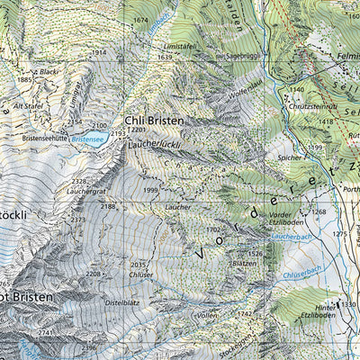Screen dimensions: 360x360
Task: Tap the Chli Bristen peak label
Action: pyautogui.click(x=154, y=120)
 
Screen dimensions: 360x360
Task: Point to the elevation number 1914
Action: pyautogui.click(x=99, y=52)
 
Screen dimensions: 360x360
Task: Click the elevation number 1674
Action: pyautogui.click(x=139, y=20)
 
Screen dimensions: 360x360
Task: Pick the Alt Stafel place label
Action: pyautogui.click(x=28, y=104)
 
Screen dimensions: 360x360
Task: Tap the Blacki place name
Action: pyautogui.click(x=49, y=71)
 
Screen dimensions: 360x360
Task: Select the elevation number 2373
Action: pyautogui.click(x=79, y=220)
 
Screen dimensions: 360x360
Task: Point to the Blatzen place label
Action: pyautogui.click(x=244, y=263)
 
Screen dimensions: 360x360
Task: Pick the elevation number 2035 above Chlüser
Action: pyautogui.click(x=138, y=265)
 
